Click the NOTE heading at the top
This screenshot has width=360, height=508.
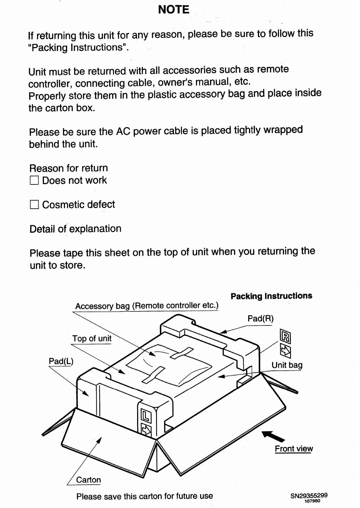[174, 10]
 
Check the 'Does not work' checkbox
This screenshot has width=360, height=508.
[34, 181]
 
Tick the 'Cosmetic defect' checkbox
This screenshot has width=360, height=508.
[34, 205]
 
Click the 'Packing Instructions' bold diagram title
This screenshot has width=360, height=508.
[271, 296]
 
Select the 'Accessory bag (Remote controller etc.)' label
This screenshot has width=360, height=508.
[147, 306]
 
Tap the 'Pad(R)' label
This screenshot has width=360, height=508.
[260, 318]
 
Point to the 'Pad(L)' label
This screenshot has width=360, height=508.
[61, 361]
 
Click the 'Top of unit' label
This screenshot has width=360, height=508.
[92, 339]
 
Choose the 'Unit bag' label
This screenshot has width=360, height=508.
[287, 365]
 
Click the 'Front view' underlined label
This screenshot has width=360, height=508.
[294, 449]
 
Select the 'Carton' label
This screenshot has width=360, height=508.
[88, 480]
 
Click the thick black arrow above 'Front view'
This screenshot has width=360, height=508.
[271, 436]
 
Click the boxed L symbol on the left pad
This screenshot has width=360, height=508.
[146, 416]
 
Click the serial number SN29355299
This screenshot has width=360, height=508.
[309, 496]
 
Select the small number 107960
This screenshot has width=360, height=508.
[312, 501]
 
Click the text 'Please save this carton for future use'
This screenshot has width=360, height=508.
[145, 496]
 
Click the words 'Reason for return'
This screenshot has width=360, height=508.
[69, 168]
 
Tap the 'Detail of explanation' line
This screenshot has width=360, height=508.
[75, 229]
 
